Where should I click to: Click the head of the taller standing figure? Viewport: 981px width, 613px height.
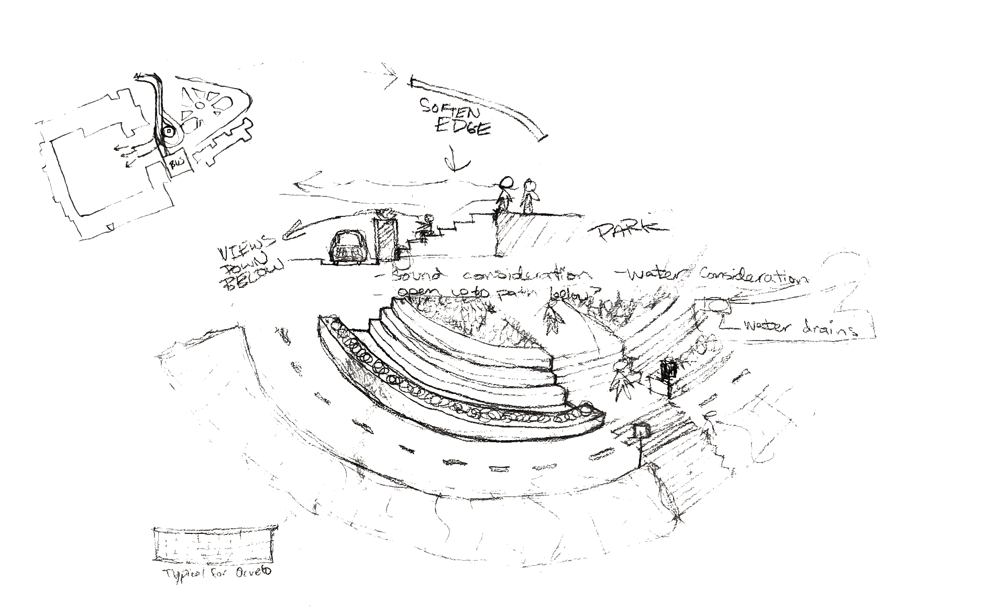(x=507, y=183)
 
